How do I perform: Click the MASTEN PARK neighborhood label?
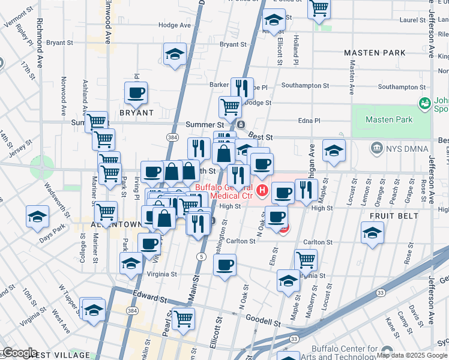(375, 53)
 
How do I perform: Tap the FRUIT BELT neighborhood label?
(393, 215)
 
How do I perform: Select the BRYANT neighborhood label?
(137, 112)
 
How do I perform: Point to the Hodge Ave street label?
(174, 25)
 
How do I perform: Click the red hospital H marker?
(262, 191)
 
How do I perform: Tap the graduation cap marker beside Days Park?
(38, 217)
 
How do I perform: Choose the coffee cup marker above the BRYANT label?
(136, 92)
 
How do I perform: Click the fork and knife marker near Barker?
(242, 88)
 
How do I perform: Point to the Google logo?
(20, 353)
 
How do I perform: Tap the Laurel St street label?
(412, 20)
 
